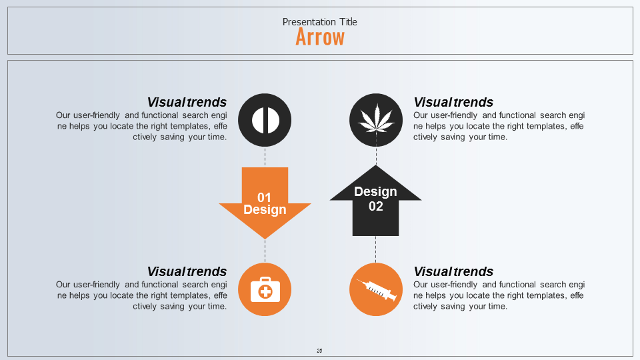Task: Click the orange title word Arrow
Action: point(320,37)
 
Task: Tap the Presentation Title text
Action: point(320,22)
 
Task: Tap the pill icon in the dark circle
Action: point(265,121)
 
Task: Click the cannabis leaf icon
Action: point(376,119)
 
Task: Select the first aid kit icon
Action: point(265,290)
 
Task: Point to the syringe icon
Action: point(376,289)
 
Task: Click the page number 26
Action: point(320,351)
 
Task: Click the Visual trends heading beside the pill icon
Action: point(187,102)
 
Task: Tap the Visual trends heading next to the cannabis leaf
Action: point(453,102)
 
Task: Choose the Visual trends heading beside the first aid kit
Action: point(187,271)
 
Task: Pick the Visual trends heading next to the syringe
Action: point(453,271)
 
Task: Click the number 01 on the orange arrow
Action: point(265,197)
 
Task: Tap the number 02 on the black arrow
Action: point(376,206)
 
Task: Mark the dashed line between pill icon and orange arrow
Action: point(265,157)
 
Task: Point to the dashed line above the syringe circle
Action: point(376,249)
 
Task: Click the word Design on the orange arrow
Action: point(265,210)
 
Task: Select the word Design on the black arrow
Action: point(375,192)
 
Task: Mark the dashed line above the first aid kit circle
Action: point(265,251)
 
